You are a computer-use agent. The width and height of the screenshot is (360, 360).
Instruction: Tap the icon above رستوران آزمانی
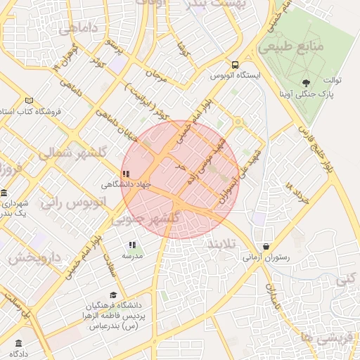click(266, 246)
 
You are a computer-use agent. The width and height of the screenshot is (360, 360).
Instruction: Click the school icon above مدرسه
click(131, 245)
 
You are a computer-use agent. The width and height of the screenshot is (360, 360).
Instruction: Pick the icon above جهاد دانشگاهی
click(125, 173)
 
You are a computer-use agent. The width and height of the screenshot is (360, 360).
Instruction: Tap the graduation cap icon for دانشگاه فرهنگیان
click(112, 295)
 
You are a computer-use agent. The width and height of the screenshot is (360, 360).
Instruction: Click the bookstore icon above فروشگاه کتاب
click(29, 101)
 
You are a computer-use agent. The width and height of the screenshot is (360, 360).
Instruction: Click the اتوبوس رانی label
click(72, 202)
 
